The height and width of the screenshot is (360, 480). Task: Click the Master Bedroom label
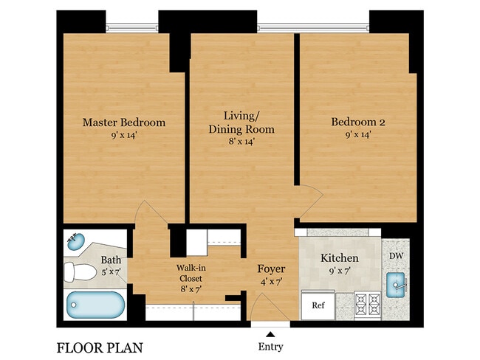pyautogui.click(x=123, y=122)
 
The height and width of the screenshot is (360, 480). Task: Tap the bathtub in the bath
pyautogui.click(x=95, y=305)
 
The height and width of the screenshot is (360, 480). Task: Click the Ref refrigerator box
pyautogui.click(x=318, y=305)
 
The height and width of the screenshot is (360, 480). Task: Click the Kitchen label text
pyautogui.click(x=339, y=258)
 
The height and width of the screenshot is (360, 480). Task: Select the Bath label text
pyautogui.click(x=111, y=260)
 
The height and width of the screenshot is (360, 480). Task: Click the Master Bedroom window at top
pyautogui.click(x=131, y=28)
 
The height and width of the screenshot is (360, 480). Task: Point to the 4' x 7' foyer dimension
pyautogui.click(x=270, y=281)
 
